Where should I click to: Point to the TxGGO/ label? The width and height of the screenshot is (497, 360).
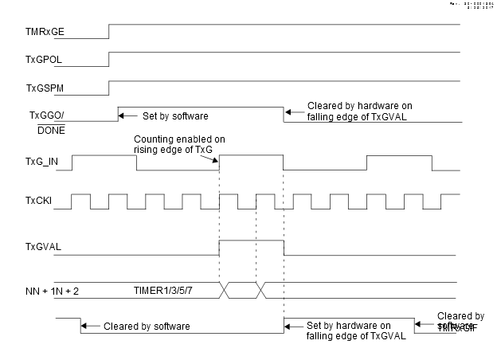pyautogui.click(x=45, y=115)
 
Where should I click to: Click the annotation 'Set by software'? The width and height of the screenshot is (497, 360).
pyautogui.click(x=176, y=115)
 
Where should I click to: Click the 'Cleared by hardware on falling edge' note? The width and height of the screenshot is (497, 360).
pyautogui.click(x=359, y=111)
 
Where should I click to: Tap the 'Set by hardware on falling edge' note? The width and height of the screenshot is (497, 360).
pyautogui.click(x=350, y=331)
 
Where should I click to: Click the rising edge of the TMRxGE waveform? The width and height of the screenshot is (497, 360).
pyautogui.click(x=108, y=31)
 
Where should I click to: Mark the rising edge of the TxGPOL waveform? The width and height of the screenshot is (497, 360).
pyautogui.click(x=108, y=59)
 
